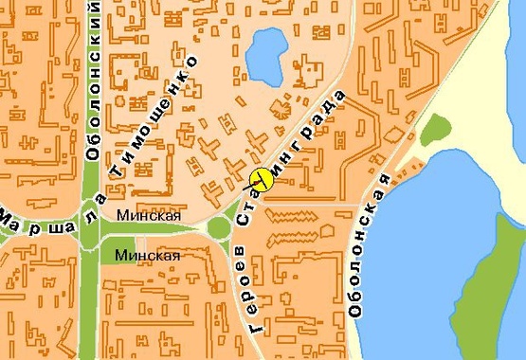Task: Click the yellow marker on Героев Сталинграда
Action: pyautogui.click(x=261, y=179)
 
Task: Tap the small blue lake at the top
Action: pyautogui.click(x=265, y=53)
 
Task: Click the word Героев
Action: pyautogui.click(x=239, y=290)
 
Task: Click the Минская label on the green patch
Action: pyautogui.click(x=147, y=255)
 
